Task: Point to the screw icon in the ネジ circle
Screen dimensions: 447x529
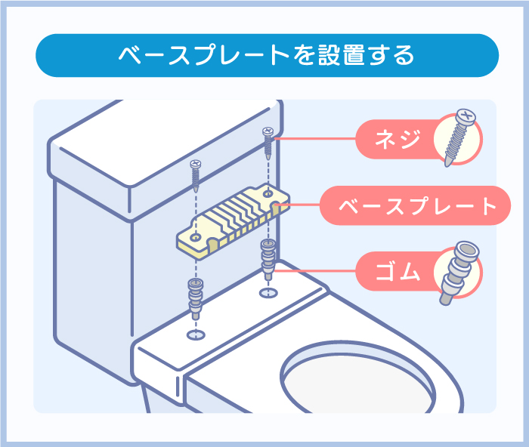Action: click(x=459, y=138)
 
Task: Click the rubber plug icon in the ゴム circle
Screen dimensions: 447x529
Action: click(x=459, y=272)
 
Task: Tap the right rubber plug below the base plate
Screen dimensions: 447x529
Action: click(x=268, y=257)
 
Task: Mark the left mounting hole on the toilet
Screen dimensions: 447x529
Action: click(x=195, y=333)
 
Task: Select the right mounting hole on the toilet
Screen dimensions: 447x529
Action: click(x=268, y=292)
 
